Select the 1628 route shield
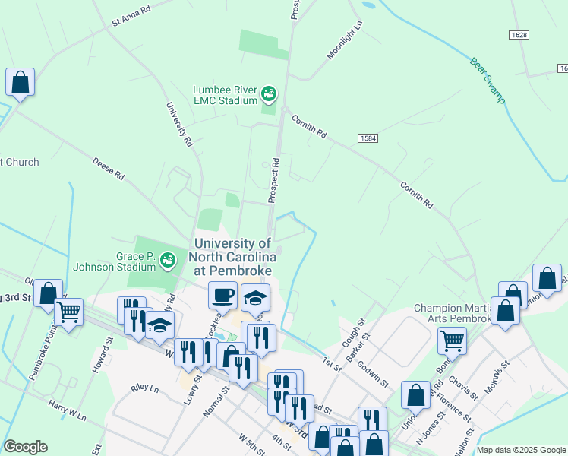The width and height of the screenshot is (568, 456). click(x=518, y=35)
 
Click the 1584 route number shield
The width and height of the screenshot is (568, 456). click(x=368, y=138)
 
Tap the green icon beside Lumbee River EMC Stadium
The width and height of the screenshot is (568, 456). click(x=268, y=94)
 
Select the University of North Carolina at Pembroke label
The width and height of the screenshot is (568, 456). click(x=232, y=257)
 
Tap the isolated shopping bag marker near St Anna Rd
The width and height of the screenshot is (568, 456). click(x=20, y=82)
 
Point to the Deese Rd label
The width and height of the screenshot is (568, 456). click(x=108, y=169)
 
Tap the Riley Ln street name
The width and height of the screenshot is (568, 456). click(x=144, y=388)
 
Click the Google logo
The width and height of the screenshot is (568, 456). click(x=25, y=447)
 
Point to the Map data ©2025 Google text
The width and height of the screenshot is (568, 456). click(x=520, y=450)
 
